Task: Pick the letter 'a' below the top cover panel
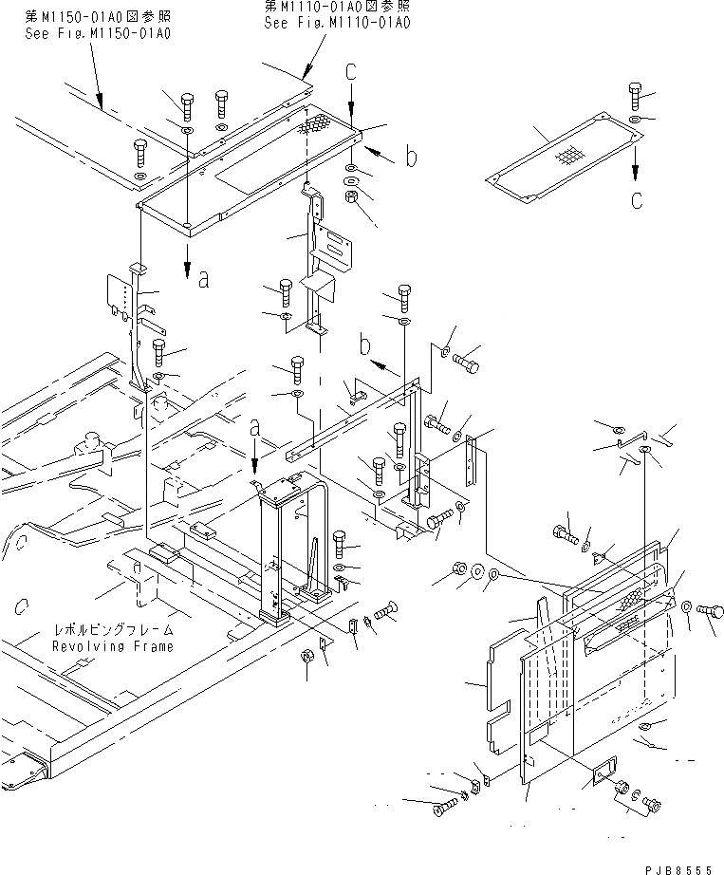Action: (203, 278)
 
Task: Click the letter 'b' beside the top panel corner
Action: (410, 158)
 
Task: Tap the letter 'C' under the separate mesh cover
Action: (636, 199)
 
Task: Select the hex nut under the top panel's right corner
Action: (350, 197)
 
